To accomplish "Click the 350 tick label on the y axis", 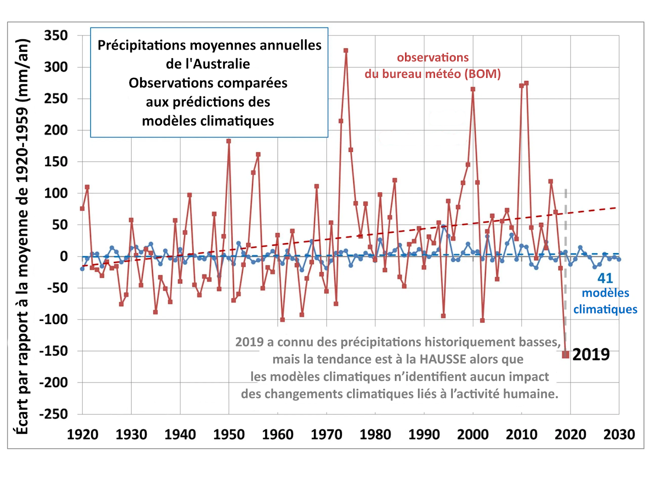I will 56,36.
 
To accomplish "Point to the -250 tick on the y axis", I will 53,414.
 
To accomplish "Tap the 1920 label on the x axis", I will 83,435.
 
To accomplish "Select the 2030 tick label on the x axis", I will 619,435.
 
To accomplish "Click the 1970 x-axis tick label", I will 326,435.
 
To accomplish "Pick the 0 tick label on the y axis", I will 64,256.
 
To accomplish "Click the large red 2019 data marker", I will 565,355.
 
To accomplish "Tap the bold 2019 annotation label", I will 591,355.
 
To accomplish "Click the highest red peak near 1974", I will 346,51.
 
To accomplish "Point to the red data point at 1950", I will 229,141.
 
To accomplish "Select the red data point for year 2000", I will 473,89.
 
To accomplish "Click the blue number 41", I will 605,278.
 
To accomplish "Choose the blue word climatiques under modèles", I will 605,309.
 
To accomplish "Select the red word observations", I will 433,58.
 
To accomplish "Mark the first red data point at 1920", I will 82,209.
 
